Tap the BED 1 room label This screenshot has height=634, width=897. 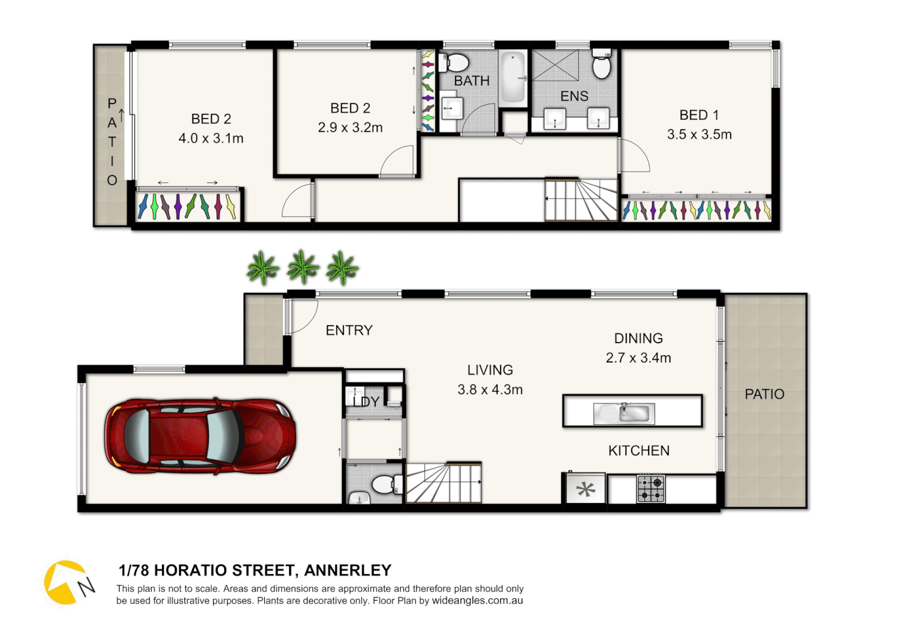(699, 115)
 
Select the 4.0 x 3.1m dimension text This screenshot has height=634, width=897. (211, 139)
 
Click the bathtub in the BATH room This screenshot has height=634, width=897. (513, 77)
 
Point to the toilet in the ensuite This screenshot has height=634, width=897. (602, 64)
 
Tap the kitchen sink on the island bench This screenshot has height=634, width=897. (623, 413)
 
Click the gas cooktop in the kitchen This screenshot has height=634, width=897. (651, 488)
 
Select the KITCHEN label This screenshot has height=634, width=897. (639, 451)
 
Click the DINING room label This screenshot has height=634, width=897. (638, 339)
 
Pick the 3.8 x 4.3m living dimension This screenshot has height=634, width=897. (490, 390)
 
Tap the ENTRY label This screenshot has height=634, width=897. (349, 331)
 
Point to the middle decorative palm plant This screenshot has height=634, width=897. (302, 267)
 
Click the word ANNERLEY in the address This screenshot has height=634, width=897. (348, 571)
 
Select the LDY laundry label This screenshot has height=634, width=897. (366, 402)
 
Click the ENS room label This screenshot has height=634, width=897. (574, 96)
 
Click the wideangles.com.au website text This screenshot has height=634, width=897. (477, 601)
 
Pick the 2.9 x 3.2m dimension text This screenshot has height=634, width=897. (350, 128)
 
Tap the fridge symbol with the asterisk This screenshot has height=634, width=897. (585, 488)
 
